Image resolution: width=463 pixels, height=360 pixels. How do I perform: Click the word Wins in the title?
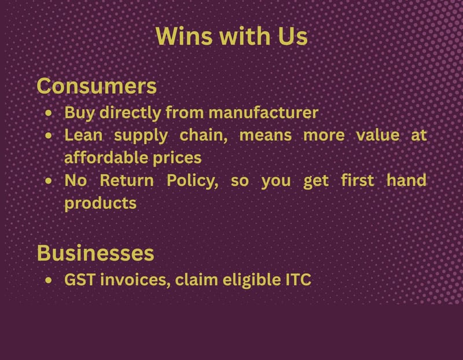[x=184, y=36]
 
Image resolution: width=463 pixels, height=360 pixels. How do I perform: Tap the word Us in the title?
[x=293, y=36]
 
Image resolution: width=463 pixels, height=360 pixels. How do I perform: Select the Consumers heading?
[x=97, y=86]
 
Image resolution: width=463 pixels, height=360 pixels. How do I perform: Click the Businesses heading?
[x=95, y=253]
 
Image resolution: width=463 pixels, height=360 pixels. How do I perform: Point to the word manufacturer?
[x=263, y=112]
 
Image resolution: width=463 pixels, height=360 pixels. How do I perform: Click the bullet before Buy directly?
[x=49, y=113]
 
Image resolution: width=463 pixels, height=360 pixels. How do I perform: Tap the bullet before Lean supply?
[x=49, y=135]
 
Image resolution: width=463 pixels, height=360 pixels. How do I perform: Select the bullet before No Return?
[x=49, y=181]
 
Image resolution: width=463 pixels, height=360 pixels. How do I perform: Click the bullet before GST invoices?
[x=49, y=280]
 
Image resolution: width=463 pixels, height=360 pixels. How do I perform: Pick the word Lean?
[x=83, y=135]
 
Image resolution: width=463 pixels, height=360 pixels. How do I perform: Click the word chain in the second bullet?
[x=204, y=135]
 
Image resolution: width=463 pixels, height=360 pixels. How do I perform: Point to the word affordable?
[x=106, y=157]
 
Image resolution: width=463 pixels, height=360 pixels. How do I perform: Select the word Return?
[x=127, y=180]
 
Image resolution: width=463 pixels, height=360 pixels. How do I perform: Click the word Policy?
[x=193, y=181]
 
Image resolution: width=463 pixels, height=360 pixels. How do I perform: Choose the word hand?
[x=407, y=180]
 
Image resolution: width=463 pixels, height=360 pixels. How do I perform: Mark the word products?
[x=100, y=204]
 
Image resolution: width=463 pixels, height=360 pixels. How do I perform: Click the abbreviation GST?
[x=80, y=280]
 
